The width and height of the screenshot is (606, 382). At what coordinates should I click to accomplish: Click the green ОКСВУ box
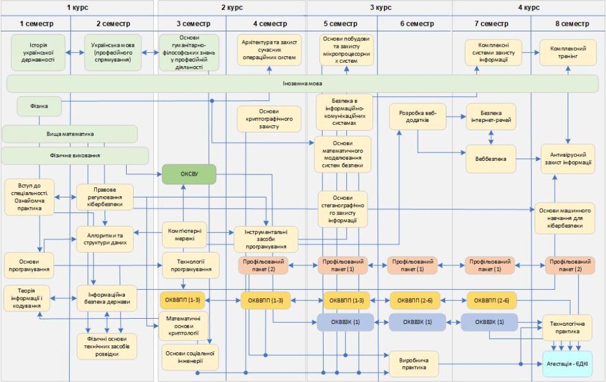tap(189, 174)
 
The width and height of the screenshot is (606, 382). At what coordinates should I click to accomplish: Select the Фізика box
tap(39, 106)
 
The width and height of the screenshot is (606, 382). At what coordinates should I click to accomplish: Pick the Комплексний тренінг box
tap(568, 53)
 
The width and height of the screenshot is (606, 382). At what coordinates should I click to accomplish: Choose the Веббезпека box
tap(491, 158)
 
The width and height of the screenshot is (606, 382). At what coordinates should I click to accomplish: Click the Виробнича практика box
tap(414, 363)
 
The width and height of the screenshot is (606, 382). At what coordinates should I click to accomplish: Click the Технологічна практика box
tap(567, 328)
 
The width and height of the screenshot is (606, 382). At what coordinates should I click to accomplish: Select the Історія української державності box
tap(38, 52)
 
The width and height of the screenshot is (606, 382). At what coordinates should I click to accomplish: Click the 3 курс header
tap(380, 8)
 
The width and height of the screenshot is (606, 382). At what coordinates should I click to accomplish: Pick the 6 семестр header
tap(417, 24)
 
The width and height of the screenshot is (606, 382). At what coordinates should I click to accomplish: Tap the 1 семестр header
tap(36, 24)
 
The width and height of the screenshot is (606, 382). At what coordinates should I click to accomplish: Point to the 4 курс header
tap(528, 8)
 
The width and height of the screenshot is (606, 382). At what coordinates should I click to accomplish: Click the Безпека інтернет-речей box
tap(491, 116)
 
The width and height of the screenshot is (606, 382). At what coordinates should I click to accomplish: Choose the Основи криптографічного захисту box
tap(269, 118)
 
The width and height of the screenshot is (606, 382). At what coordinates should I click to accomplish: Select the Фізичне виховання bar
tap(74, 156)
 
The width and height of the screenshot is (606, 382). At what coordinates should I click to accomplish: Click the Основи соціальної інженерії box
tap(190, 357)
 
